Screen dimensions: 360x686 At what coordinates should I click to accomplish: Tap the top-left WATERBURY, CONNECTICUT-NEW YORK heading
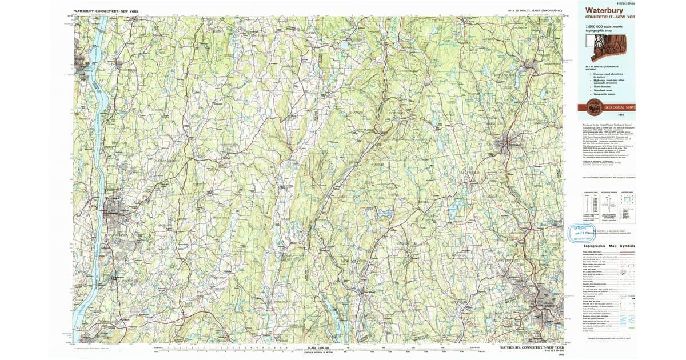pyautogui.click(x=110, y=11)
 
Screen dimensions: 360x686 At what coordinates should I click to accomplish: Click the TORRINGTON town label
pyautogui.click(x=490, y=123)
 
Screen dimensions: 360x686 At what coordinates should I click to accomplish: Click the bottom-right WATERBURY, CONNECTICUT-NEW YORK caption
pyautogui.click(x=529, y=347)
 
